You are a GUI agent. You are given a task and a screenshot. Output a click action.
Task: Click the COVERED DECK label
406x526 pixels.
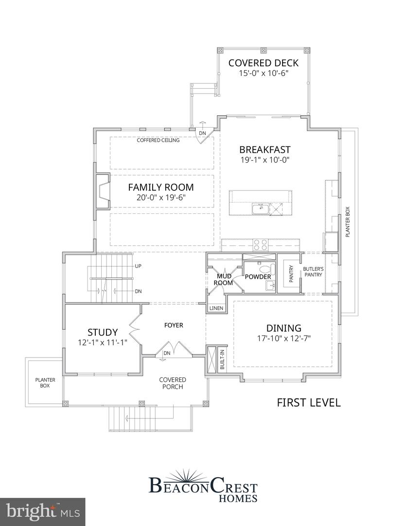point(263,63)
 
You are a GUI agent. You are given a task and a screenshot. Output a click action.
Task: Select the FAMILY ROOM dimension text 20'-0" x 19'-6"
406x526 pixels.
point(161,197)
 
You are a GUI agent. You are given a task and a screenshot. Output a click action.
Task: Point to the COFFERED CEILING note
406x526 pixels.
point(158,140)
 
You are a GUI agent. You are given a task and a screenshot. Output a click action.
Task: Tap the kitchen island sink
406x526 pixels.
point(260,209)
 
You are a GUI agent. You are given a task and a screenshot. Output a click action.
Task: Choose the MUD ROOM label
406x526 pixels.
point(224,280)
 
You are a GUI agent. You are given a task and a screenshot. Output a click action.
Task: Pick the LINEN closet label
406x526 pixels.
point(216,308)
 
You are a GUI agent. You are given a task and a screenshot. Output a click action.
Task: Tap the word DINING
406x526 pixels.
point(283,328)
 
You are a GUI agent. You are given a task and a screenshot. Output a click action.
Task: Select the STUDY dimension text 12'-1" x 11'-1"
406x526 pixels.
point(103,342)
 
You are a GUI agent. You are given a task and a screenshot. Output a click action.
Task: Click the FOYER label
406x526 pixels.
point(174,325)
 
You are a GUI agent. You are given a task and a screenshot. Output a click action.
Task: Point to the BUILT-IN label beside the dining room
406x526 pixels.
point(222,360)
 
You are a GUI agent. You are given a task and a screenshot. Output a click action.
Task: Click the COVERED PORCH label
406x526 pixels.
point(173,383)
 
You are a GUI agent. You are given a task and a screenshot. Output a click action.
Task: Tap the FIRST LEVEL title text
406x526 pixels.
point(309,402)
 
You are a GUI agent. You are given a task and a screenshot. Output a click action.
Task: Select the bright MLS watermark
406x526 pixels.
point(42,511)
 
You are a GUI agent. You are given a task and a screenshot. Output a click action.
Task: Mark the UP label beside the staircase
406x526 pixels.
point(138,267)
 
